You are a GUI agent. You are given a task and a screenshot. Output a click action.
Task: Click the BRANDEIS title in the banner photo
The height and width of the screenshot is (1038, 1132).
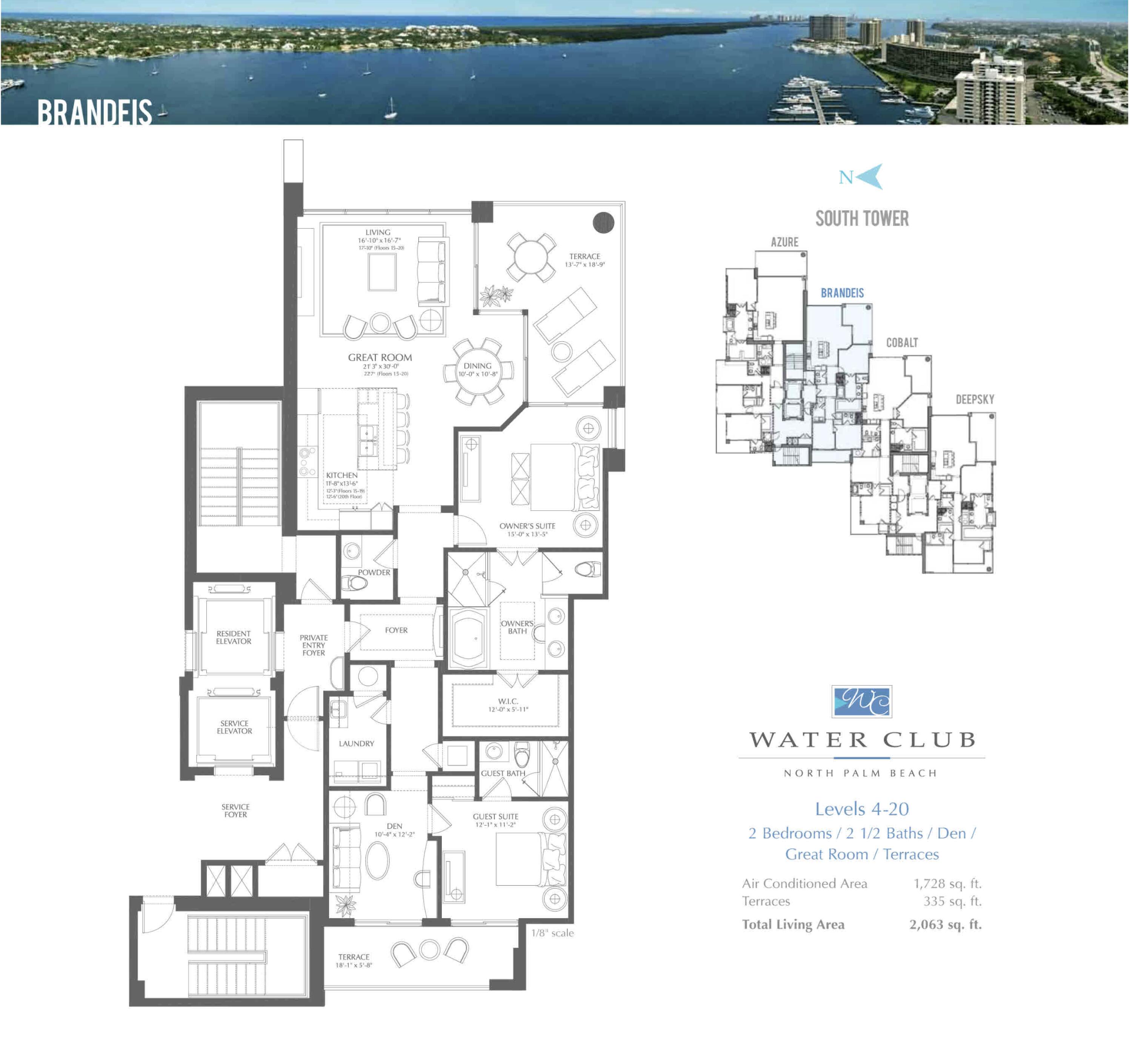pos(94,112)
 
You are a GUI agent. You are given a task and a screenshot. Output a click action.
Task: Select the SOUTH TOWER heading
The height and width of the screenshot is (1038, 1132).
pos(862,218)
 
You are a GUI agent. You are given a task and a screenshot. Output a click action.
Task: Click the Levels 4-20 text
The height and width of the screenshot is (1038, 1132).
pos(862,809)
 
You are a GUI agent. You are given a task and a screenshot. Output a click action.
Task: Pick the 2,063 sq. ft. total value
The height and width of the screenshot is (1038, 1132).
pos(946,924)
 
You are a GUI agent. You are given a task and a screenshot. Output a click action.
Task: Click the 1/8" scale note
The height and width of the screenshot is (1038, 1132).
pos(553,933)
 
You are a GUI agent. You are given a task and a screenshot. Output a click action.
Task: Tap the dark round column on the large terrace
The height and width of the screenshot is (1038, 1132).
pos(604,223)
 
